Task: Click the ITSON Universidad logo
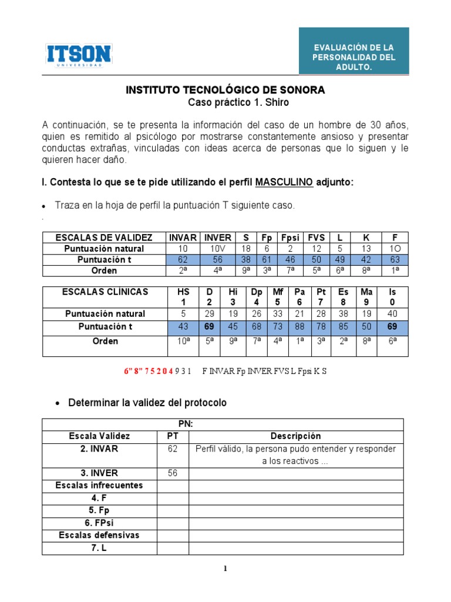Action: [79, 55]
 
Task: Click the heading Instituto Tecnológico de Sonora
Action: [225, 90]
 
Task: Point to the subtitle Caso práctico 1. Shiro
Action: [238, 102]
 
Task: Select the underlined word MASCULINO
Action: [284, 182]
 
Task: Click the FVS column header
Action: [316, 238]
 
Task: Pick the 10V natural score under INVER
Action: [218, 249]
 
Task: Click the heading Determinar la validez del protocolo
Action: [147, 403]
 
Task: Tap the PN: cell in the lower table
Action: [186, 424]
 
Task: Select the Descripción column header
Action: [295, 436]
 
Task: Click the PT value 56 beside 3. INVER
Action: [173, 473]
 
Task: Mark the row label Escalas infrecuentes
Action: [100, 486]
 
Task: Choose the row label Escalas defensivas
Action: [100, 536]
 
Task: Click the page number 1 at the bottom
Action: [225, 568]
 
